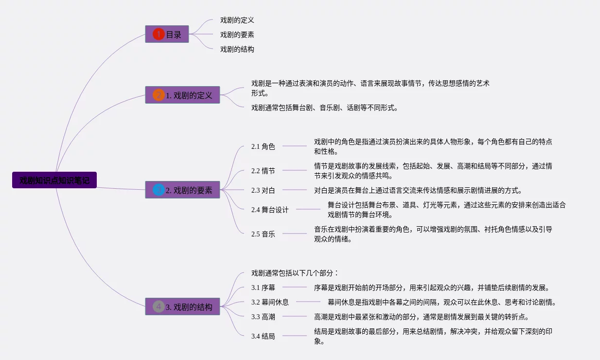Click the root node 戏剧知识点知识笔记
tap(54, 180)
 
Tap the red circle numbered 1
tap(159, 34)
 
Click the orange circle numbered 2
tap(159, 95)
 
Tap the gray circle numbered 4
tap(159, 306)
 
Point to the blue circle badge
tap(159, 190)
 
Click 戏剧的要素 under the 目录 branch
tap(237, 35)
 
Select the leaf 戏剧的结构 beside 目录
tap(237, 49)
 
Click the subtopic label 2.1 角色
tap(263, 146)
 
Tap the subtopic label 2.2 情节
tap(263, 171)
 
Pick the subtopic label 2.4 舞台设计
tap(270, 210)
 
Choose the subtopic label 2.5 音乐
tap(263, 234)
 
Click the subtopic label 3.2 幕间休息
tap(270, 302)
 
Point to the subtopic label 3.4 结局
tap(263, 336)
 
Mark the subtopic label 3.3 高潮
tap(263, 317)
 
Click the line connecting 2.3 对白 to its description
tap(295, 190)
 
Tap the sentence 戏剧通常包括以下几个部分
tap(295, 273)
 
